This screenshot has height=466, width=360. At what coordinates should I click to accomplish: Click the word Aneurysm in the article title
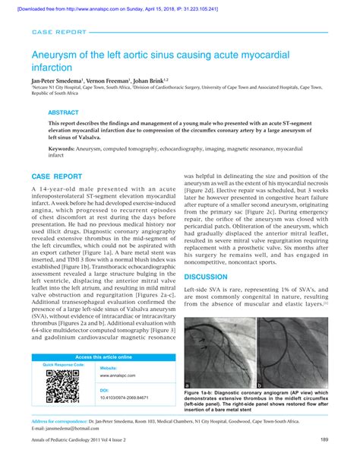(x=55, y=56)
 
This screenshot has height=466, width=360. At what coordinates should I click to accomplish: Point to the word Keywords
(x=62, y=150)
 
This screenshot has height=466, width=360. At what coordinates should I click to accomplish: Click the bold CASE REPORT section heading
(x=56, y=176)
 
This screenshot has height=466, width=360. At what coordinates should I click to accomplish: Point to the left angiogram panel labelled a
(x=218, y=350)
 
